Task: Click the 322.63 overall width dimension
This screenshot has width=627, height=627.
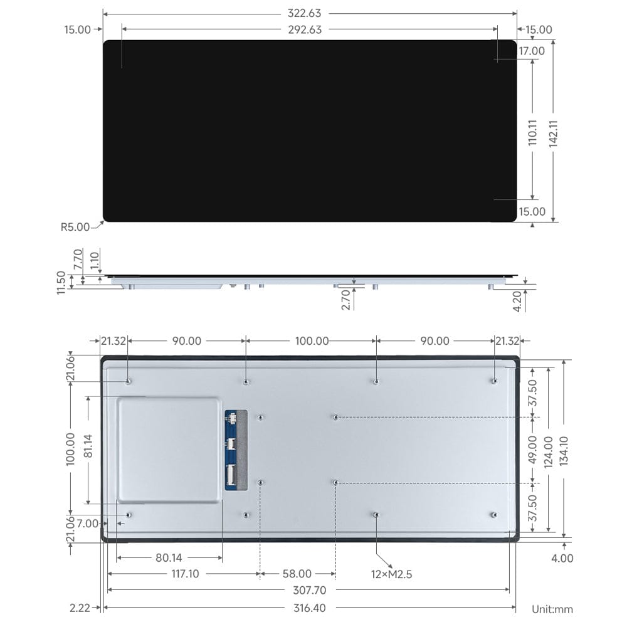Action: tap(309, 13)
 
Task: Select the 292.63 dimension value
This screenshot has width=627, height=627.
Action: tap(309, 29)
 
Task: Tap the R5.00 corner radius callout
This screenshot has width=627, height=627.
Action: tap(75, 227)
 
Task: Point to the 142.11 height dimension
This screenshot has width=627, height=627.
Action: tap(554, 133)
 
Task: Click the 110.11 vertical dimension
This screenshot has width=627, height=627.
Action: tap(532, 133)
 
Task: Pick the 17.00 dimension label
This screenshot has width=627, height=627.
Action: tap(532, 51)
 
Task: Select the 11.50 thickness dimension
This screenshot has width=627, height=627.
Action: tap(61, 282)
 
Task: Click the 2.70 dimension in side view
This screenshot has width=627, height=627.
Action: tap(345, 299)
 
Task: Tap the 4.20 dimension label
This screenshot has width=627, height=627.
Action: tap(518, 300)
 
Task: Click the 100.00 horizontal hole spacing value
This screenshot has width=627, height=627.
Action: tap(312, 340)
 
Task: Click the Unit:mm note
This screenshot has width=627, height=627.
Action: tap(552, 609)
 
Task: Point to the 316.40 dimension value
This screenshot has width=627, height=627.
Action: tap(309, 608)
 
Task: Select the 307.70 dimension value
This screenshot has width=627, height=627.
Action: tap(309, 590)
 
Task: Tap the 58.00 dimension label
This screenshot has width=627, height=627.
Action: tap(297, 573)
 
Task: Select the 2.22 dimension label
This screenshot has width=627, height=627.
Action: tap(81, 608)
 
